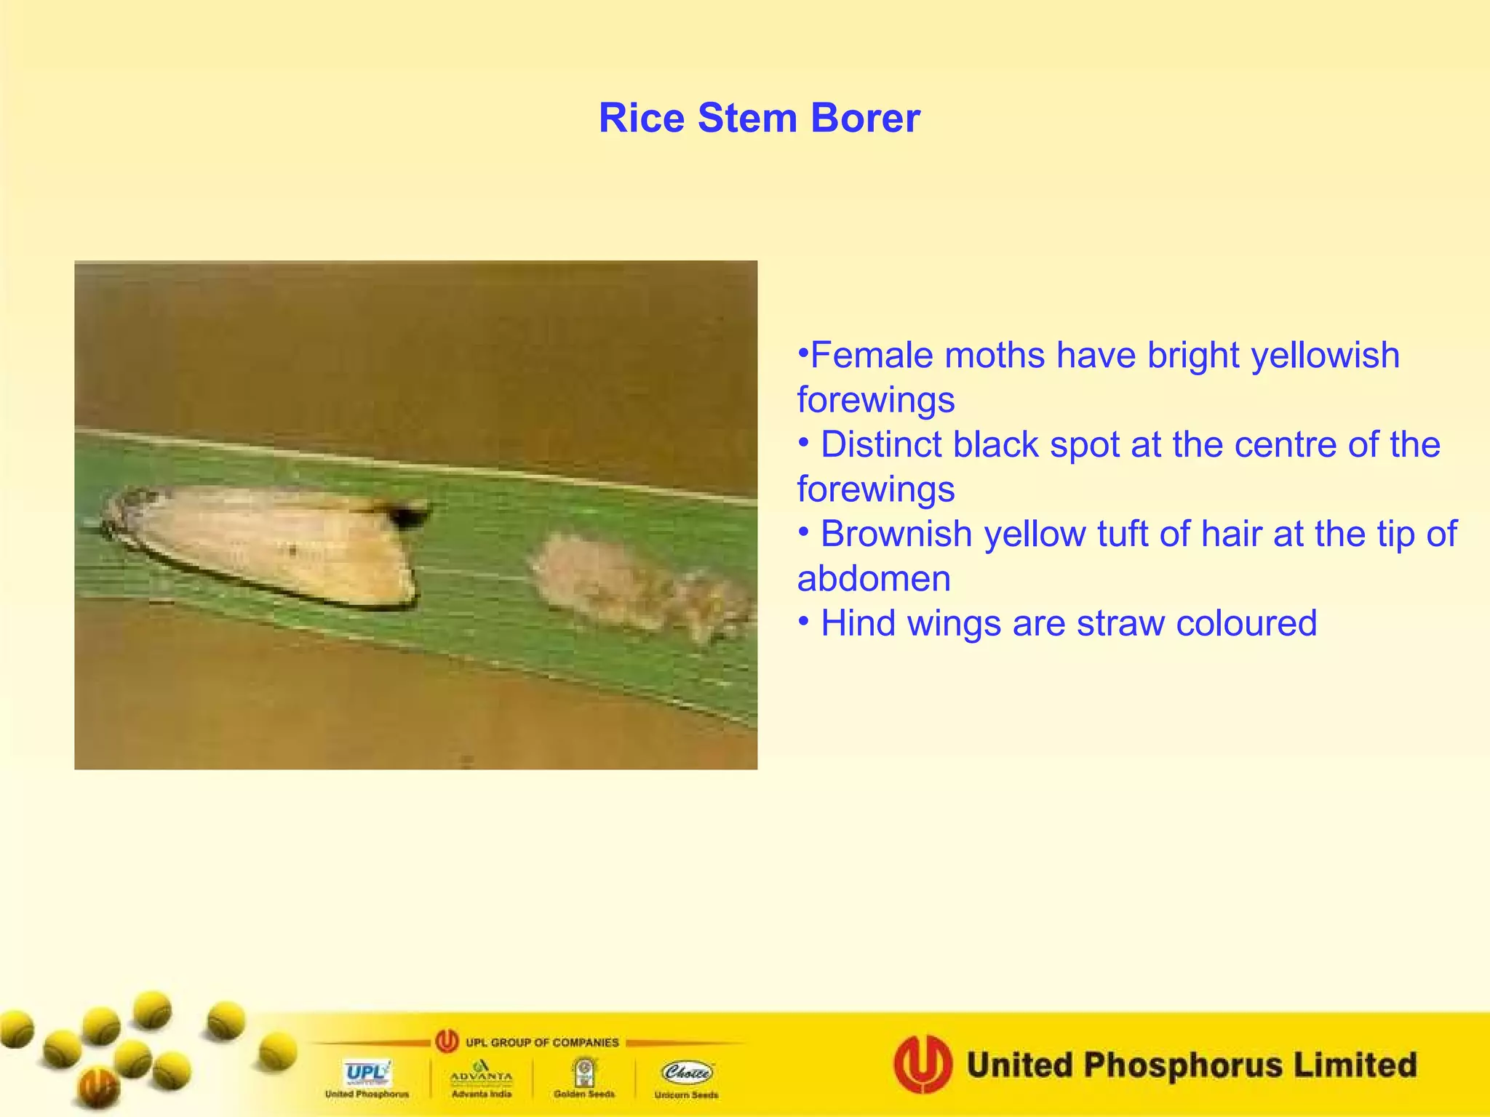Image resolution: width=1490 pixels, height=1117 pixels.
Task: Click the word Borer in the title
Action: [x=865, y=118]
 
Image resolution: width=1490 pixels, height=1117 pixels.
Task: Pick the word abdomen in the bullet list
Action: [x=873, y=580]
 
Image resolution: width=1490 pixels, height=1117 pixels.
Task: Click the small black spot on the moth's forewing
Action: [x=292, y=551]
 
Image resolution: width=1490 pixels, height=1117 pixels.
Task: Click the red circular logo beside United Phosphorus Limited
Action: [x=923, y=1065]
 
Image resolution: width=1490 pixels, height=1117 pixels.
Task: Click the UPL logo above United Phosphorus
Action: [x=367, y=1073]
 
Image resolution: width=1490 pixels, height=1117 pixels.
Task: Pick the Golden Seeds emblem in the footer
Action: [x=583, y=1072]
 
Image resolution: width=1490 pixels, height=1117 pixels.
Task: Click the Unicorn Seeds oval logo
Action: [x=687, y=1072]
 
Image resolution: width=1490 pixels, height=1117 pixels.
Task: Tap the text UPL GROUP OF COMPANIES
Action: [x=541, y=1042]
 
